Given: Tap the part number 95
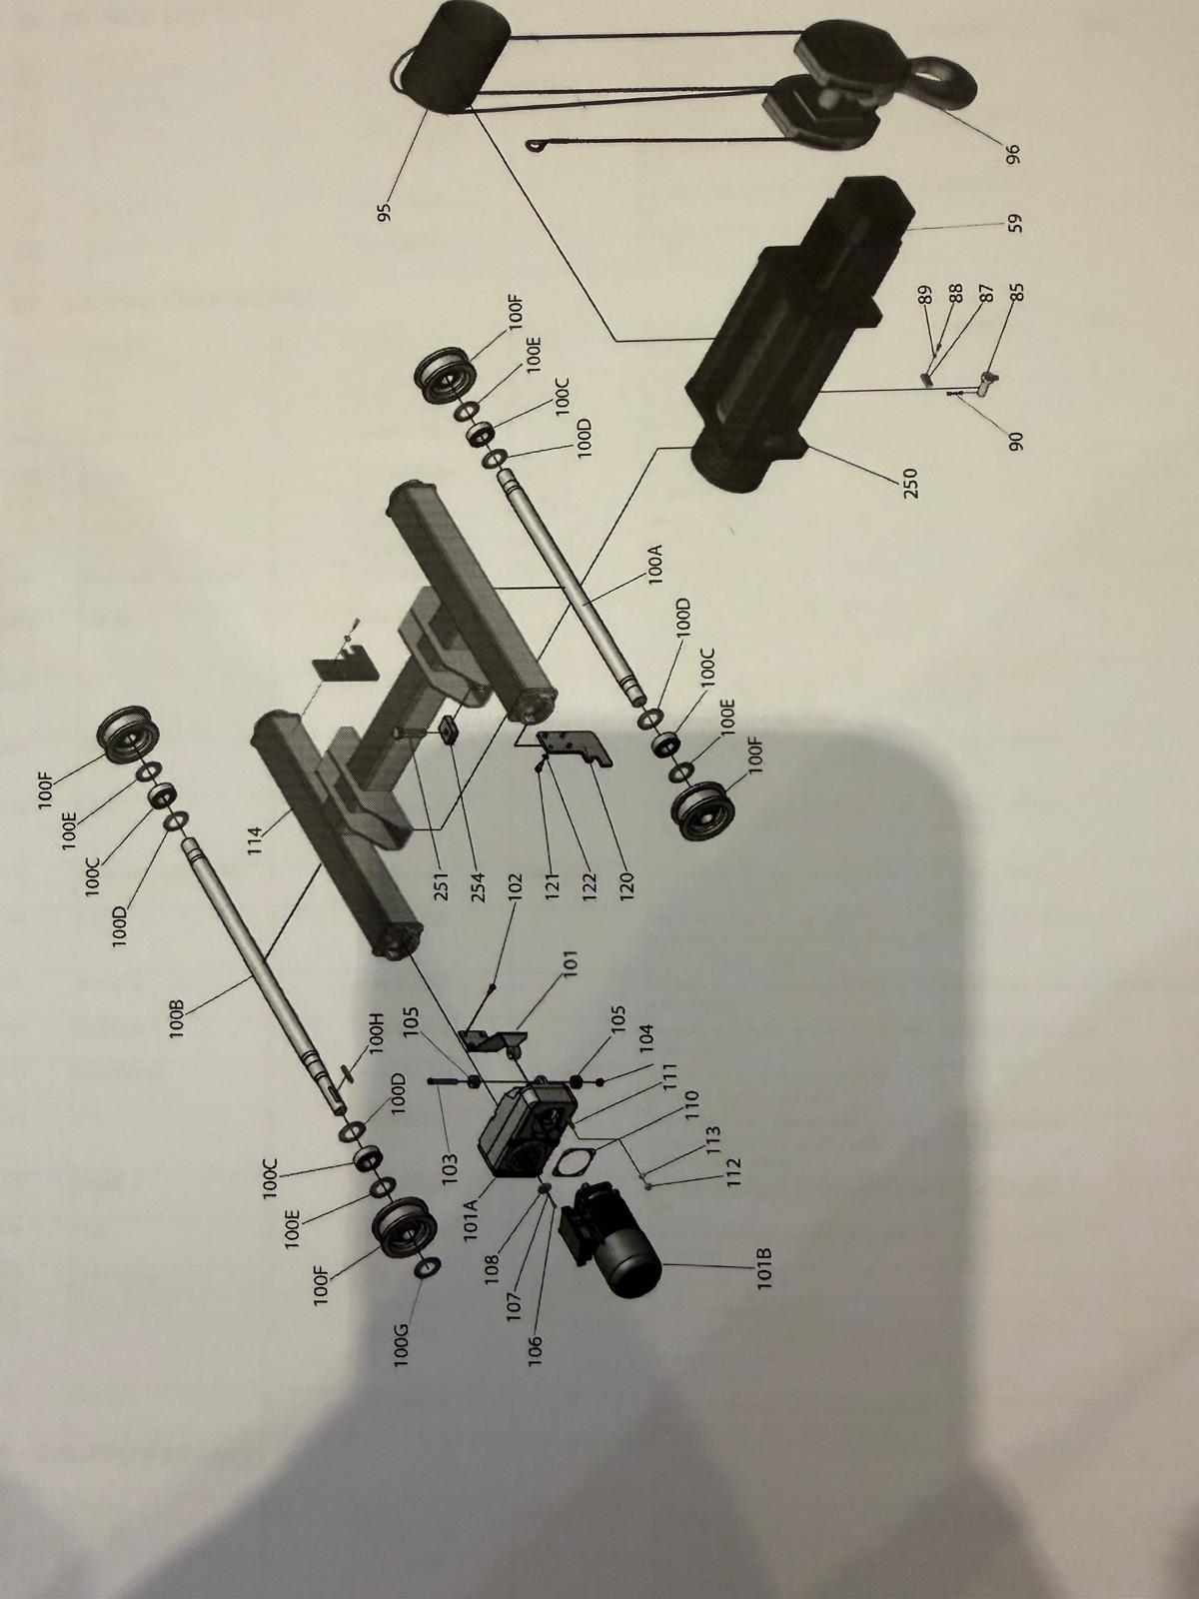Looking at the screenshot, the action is pyautogui.click(x=384, y=211).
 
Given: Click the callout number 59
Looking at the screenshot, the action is pyautogui.click(x=1015, y=222).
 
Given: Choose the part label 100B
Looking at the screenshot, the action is pyautogui.click(x=178, y=1017).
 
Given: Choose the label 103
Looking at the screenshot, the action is pyautogui.click(x=451, y=1166).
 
